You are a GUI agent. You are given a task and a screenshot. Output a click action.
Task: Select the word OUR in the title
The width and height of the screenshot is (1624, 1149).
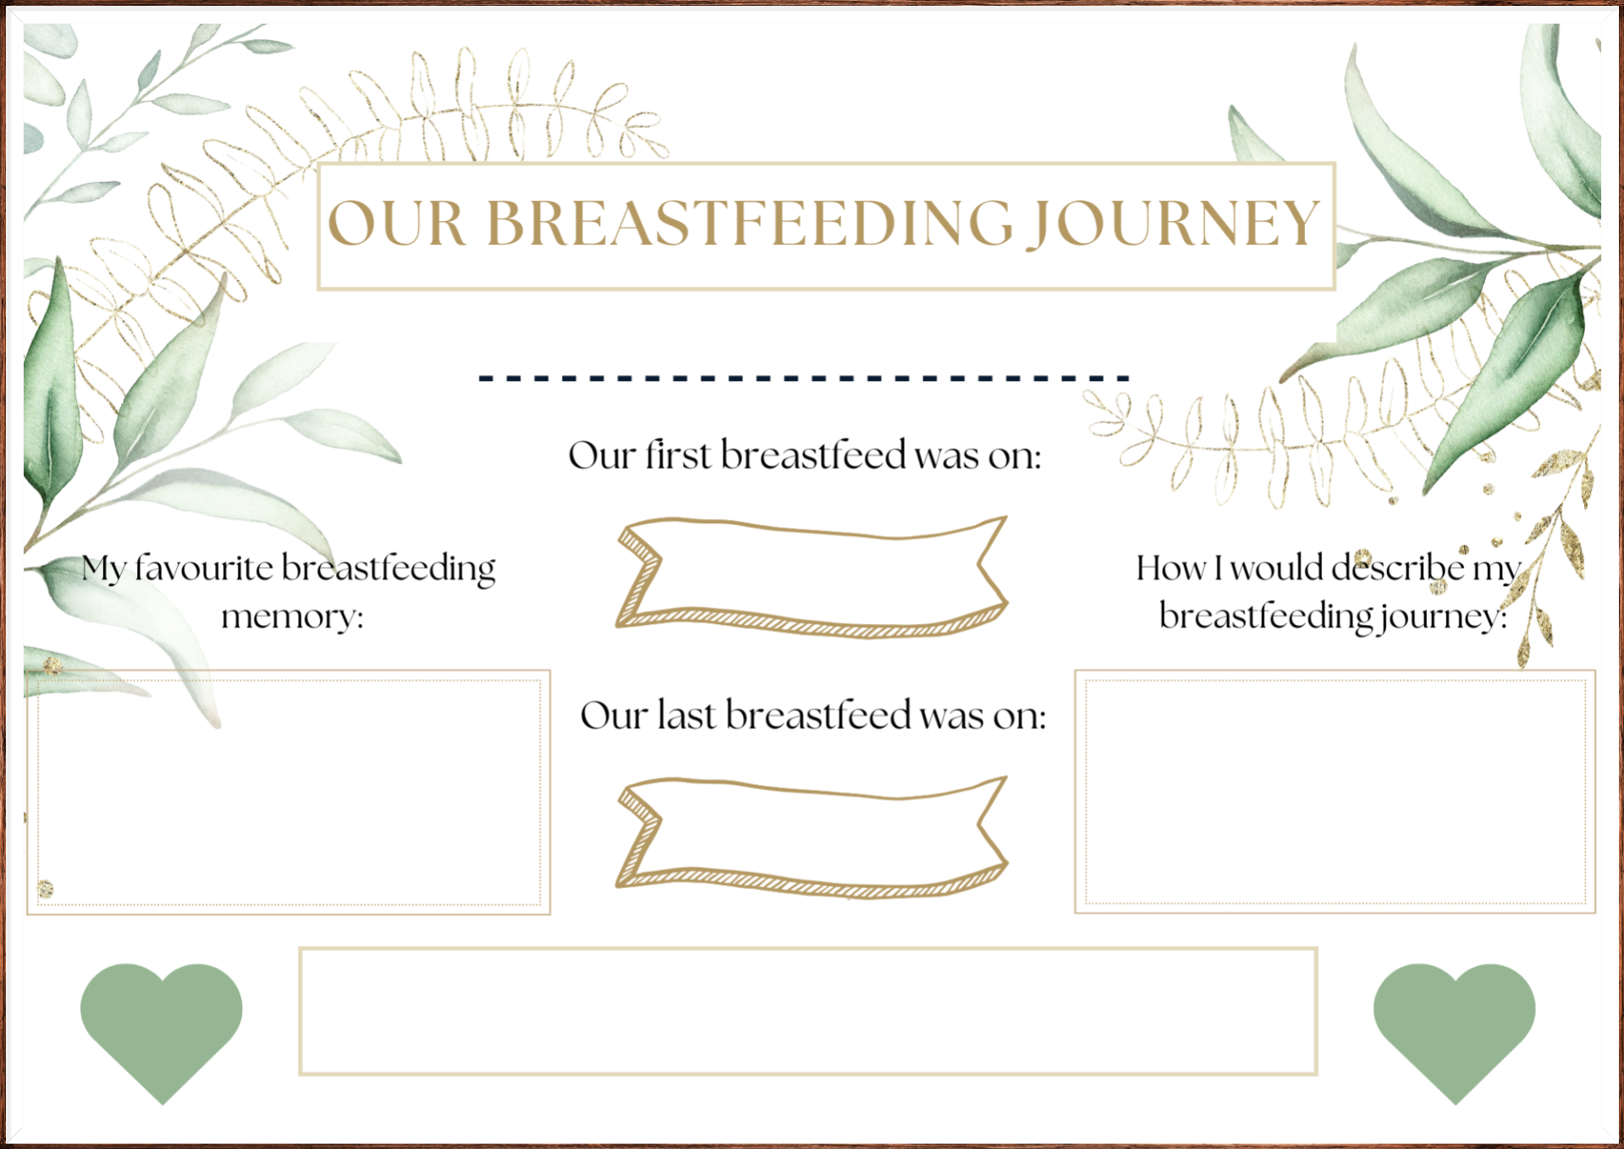click(x=396, y=224)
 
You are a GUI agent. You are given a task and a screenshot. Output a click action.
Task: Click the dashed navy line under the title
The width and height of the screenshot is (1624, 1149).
click(x=804, y=378)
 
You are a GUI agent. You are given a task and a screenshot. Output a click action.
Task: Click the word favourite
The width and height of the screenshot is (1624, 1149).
click(x=204, y=567)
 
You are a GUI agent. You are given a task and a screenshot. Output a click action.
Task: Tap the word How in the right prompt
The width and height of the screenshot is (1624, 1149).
click(x=1171, y=567)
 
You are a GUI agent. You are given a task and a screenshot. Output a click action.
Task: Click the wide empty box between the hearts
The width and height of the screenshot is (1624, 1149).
click(x=808, y=1011)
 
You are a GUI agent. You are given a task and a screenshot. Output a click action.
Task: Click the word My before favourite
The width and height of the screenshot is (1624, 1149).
click(x=103, y=569)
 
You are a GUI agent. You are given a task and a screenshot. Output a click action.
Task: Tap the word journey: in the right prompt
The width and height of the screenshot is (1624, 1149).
click(x=1444, y=616)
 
